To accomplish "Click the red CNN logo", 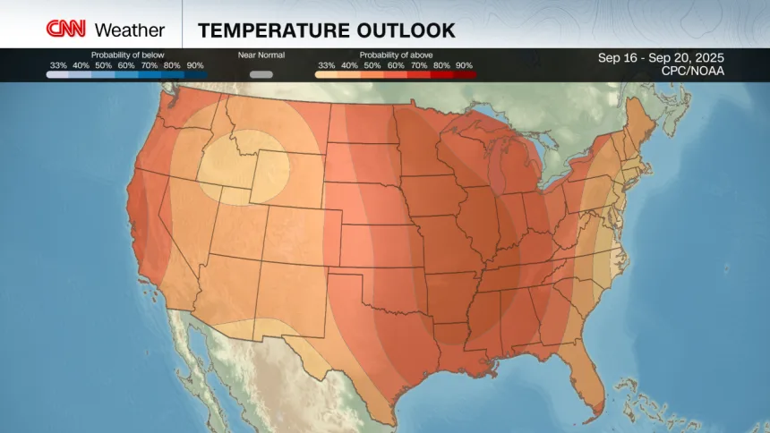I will click(x=66, y=30).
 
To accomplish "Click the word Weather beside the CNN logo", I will click(x=130, y=30).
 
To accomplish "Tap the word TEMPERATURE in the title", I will click(x=269, y=30).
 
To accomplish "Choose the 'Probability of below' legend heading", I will click(x=127, y=55).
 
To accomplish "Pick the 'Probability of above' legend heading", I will click(x=395, y=55).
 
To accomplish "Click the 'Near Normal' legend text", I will click(x=261, y=55).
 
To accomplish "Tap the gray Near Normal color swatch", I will click(x=261, y=74).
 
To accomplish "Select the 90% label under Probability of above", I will click(x=464, y=65).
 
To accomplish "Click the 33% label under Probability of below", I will click(x=58, y=65).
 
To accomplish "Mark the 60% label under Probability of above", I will click(x=395, y=65).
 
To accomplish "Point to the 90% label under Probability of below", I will click(x=195, y=65).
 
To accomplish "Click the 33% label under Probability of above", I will click(x=326, y=65).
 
